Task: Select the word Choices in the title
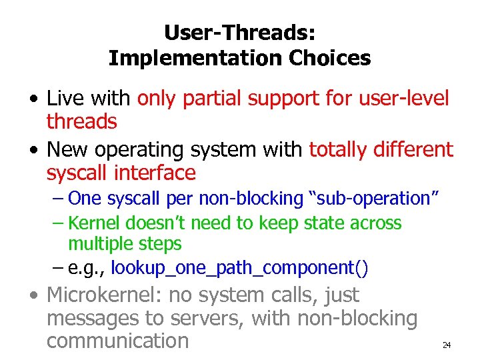[330, 58]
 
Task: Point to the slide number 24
[447, 345]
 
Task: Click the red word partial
[212, 99]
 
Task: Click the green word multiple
[99, 244]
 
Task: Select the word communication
[118, 341]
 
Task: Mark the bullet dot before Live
[33, 100]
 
